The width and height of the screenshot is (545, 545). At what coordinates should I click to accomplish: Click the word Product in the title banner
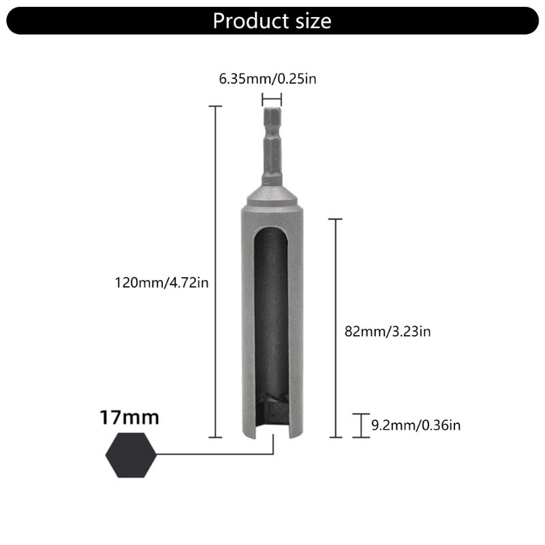[x=247, y=20]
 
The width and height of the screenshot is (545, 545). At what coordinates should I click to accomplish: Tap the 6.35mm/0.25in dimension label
[x=268, y=79]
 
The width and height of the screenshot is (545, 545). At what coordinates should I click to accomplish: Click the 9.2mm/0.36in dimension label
[x=416, y=426]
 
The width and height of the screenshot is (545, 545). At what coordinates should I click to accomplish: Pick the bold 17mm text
[x=129, y=417]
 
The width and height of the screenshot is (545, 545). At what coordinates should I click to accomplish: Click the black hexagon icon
[x=132, y=454]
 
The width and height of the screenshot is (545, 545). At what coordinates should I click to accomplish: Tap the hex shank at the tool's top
[x=272, y=146]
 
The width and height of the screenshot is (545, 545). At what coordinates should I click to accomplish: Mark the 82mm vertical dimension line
[x=334, y=327]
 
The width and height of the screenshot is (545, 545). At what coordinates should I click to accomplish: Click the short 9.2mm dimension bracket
[x=360, y=425]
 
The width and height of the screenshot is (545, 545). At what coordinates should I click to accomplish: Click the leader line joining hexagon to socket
[x=215, y=454]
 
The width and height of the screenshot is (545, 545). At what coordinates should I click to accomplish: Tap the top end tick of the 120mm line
[x=215, y=107]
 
